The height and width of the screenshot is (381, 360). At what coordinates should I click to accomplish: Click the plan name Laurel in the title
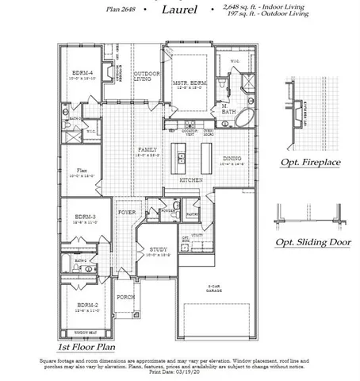pyautogui.click(x=180, y=10)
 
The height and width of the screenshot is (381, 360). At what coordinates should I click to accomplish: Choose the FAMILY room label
pyautogui.click(x=147, y=150)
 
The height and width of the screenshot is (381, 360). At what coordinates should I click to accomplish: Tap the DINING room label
pyautogui.click(x=232, y=159)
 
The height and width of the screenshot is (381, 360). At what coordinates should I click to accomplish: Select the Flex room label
pyautogui.click(x=82, y=171)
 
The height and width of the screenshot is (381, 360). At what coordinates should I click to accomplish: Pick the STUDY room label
pyautogui.click(x=158, y=249)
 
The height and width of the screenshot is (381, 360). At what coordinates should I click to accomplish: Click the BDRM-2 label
pyautogui.click(x=87, y=305)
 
